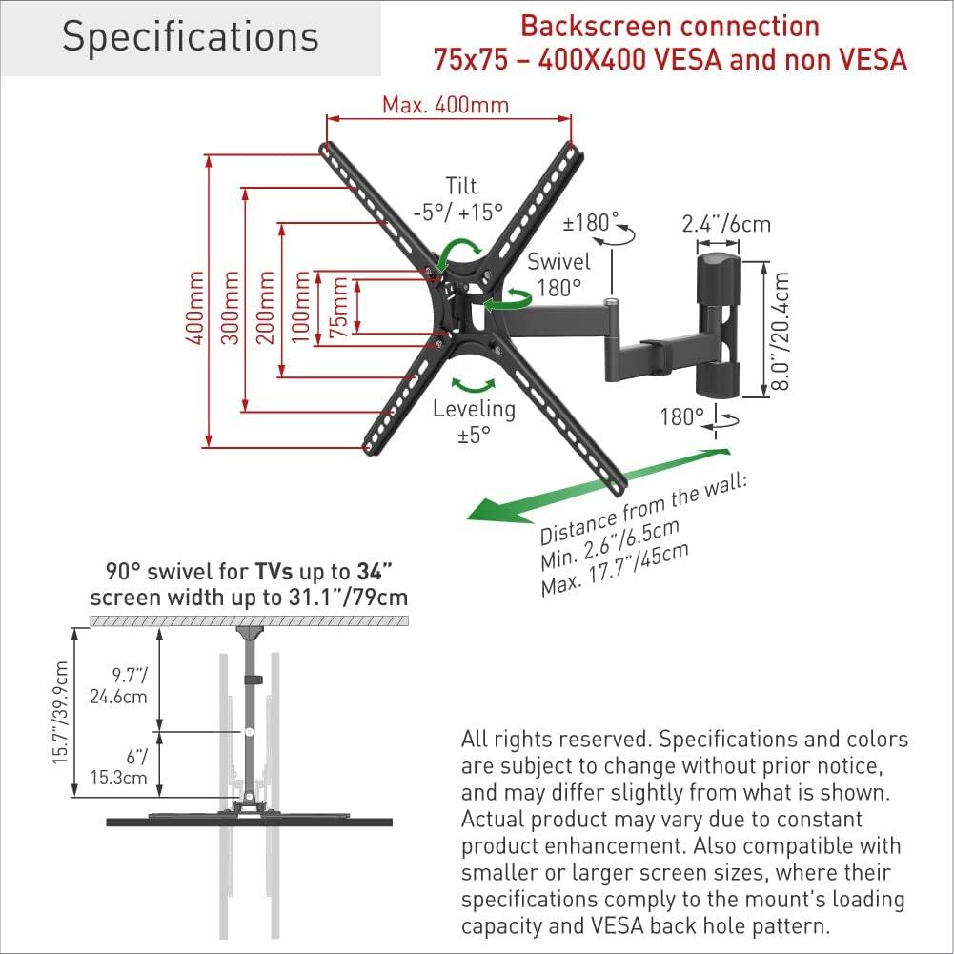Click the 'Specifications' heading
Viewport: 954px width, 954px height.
coord(190,37)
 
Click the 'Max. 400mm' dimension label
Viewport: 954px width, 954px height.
coord(445,104)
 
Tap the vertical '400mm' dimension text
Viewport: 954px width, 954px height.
coord(197,308)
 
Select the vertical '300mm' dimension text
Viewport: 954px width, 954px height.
coord(231,308)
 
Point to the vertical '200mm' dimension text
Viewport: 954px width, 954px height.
coord(266,308)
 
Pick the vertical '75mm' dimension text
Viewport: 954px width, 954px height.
coord(338,308)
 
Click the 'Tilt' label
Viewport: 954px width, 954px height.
coord(460,186)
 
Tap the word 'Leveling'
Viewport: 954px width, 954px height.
coord(474,409)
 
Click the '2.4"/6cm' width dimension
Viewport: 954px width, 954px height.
coord(726,224)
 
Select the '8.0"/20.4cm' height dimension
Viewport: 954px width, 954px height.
coord(781,330)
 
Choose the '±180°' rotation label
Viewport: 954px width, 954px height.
coord(590,222)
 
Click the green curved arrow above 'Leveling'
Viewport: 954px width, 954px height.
coord(474,384)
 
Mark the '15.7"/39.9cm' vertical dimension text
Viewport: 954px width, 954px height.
coord(61,712)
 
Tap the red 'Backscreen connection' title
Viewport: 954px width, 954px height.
coord(670,26)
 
